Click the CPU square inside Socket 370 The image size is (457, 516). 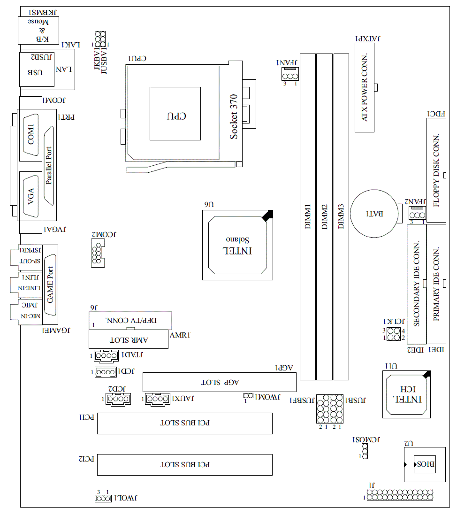click(x=175, y=113)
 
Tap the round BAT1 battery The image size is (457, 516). click(x=374, y=213)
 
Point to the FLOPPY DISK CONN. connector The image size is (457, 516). click(x=436, y=170)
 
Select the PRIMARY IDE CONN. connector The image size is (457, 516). click(x=436, y=284)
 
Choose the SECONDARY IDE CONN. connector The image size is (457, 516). click(x=416, y=284)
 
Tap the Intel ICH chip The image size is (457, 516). click(x=407, y=393)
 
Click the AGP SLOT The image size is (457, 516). click(x=219, y=382)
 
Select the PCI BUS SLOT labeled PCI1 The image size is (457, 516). click(x=184, y=424)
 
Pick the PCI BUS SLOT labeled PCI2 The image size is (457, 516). click(x=184, y=465)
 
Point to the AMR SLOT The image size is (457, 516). click(x=128, y=339)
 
